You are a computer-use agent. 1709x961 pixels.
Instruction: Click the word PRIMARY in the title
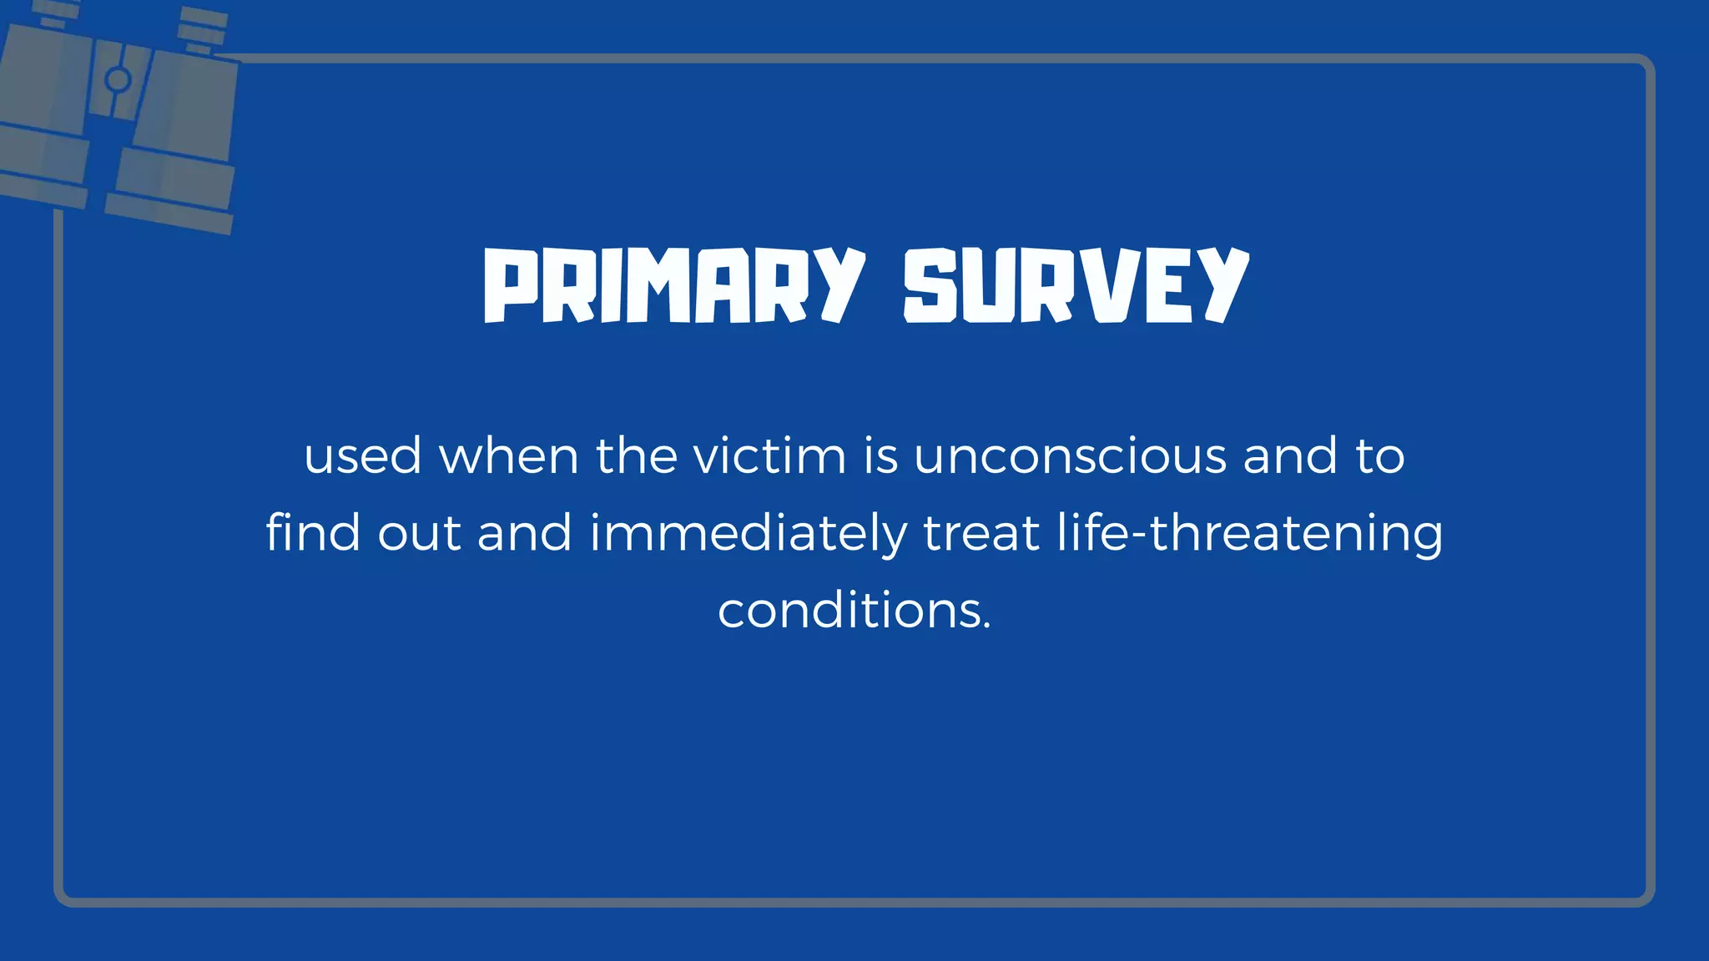point(673,285)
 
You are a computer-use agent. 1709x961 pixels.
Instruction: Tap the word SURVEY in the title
point(1076,285)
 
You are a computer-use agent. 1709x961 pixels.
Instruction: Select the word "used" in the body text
point(362,456)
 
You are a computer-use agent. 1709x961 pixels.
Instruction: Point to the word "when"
point(508,456)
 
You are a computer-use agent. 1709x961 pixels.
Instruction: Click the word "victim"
point(769,456)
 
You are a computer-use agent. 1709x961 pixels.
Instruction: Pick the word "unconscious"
point(1070,456)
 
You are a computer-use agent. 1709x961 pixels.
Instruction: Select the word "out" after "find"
point(419,534)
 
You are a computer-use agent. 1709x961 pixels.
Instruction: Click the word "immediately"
point(748,534)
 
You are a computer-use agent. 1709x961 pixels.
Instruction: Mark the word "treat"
point(981,534)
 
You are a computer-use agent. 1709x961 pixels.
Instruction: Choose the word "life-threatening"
point(1249,534)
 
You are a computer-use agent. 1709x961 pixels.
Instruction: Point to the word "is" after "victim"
point(880,456)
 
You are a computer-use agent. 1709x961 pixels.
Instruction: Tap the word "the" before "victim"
point(636,456)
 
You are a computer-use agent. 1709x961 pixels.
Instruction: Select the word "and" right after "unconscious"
point(1290,456)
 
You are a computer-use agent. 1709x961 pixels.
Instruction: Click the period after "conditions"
point(987,626)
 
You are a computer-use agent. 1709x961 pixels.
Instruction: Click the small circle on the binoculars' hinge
point(118,80)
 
